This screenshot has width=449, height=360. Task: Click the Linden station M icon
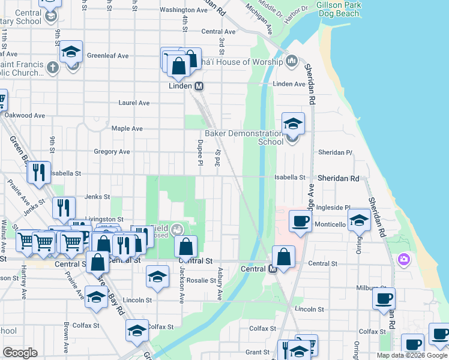pos(199,86)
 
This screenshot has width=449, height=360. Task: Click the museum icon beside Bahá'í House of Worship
pos(292,61)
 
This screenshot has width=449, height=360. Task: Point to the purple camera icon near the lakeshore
pos(404,259)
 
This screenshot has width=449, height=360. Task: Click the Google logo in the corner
pos(20,353)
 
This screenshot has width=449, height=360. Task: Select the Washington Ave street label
pos(184,10)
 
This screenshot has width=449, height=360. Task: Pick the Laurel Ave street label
pos(134,103)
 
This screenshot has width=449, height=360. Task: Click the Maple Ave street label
pos(127,128)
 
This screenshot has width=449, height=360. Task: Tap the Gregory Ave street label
pos(112,152)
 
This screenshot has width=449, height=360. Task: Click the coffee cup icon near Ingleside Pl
pos(300,220)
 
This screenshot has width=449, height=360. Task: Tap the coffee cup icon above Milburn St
pos(384,298)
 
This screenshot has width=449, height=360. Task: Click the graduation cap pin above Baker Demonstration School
pos(293,123)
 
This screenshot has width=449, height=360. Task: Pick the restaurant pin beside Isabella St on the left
pos(39,172)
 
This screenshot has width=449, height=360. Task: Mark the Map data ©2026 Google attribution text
pos(412,355)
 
